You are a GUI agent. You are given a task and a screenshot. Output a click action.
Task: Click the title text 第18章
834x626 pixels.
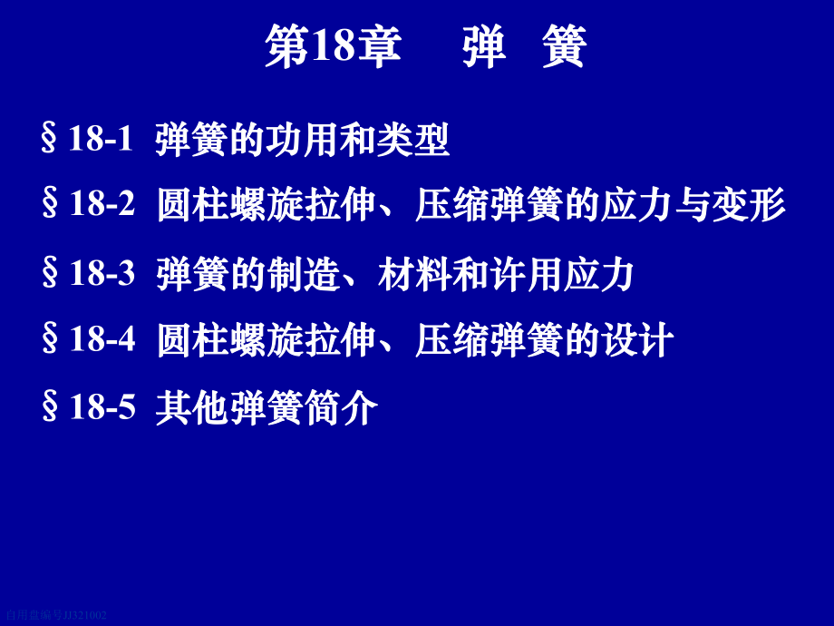[333, 47]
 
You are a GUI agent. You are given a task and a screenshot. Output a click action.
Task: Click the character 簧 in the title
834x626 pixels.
[563, 47]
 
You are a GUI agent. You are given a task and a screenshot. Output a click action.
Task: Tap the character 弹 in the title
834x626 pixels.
[483, 47]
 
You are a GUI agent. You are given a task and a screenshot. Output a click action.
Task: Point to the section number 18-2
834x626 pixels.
[102, 204]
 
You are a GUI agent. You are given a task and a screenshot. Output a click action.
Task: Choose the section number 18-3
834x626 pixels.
[102, 273]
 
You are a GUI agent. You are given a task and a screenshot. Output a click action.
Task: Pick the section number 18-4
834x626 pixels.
[102, 339]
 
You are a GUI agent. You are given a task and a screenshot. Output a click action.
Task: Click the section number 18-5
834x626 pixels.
[102, 407]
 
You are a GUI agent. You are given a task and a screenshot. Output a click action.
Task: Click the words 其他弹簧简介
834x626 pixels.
[267, 408]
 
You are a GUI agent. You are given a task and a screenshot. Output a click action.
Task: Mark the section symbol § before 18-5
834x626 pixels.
[50, 408]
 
